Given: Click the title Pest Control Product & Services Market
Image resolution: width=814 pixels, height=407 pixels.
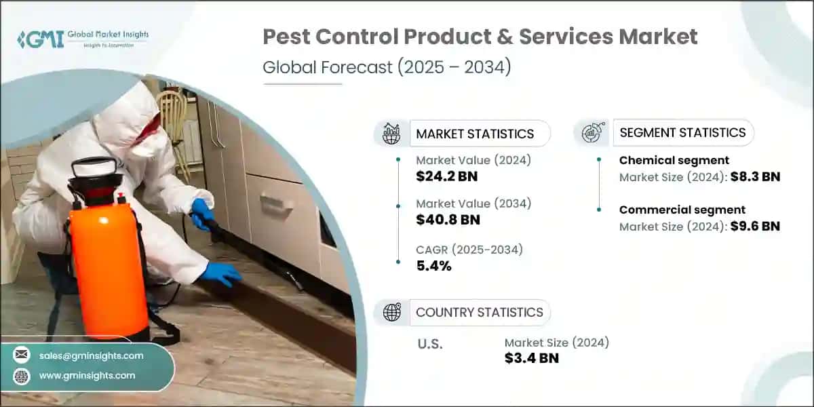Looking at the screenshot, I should coord(480,37).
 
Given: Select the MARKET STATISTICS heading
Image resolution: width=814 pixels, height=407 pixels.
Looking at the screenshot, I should coord(475,134).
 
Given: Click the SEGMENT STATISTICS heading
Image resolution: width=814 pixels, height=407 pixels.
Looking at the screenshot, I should coord(682,132).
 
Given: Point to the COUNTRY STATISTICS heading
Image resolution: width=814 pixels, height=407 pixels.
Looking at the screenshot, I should coord(479,312).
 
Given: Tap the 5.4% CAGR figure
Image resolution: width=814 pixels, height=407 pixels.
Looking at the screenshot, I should coord(434,265).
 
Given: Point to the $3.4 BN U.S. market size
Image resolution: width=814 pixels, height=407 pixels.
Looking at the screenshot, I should coord(532,358).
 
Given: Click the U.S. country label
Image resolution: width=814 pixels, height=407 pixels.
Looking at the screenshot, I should coord(429,344).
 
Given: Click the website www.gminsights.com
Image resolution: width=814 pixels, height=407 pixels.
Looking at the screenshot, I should coord(87,375).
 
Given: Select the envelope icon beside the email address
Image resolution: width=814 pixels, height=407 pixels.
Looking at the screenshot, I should coord(22,355).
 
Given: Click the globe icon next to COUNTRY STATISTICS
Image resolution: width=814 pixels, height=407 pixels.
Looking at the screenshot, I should coord(391,312).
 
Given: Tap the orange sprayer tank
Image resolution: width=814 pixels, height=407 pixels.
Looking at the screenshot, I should coord(109,265).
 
